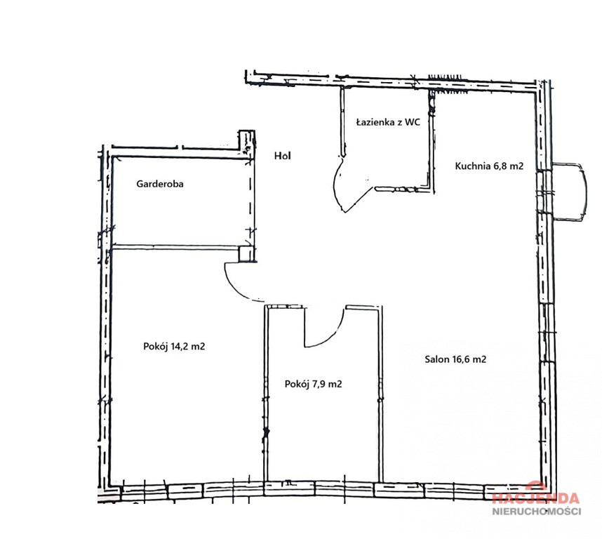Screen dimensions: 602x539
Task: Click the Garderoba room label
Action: pos(160,184)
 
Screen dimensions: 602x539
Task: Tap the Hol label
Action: pos(283,156)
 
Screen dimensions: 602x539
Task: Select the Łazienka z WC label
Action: pos(388,122)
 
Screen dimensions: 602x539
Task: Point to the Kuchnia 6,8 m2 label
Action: pos(489,166)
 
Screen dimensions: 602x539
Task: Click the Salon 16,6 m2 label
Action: pos(455,359)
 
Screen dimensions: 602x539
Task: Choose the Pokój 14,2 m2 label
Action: pos(174,347)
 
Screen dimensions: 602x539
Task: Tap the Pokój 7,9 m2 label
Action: pos(314,384)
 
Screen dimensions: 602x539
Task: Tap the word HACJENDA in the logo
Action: pos(536,498)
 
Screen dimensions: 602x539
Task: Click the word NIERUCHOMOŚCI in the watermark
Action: pos(537,511)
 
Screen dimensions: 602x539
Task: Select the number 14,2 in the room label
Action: pos(180,347)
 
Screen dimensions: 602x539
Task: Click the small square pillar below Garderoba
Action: pos(246,254)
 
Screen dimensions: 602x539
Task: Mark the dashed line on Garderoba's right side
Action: pos(250,199)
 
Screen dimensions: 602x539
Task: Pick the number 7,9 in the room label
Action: pos(319,384)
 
